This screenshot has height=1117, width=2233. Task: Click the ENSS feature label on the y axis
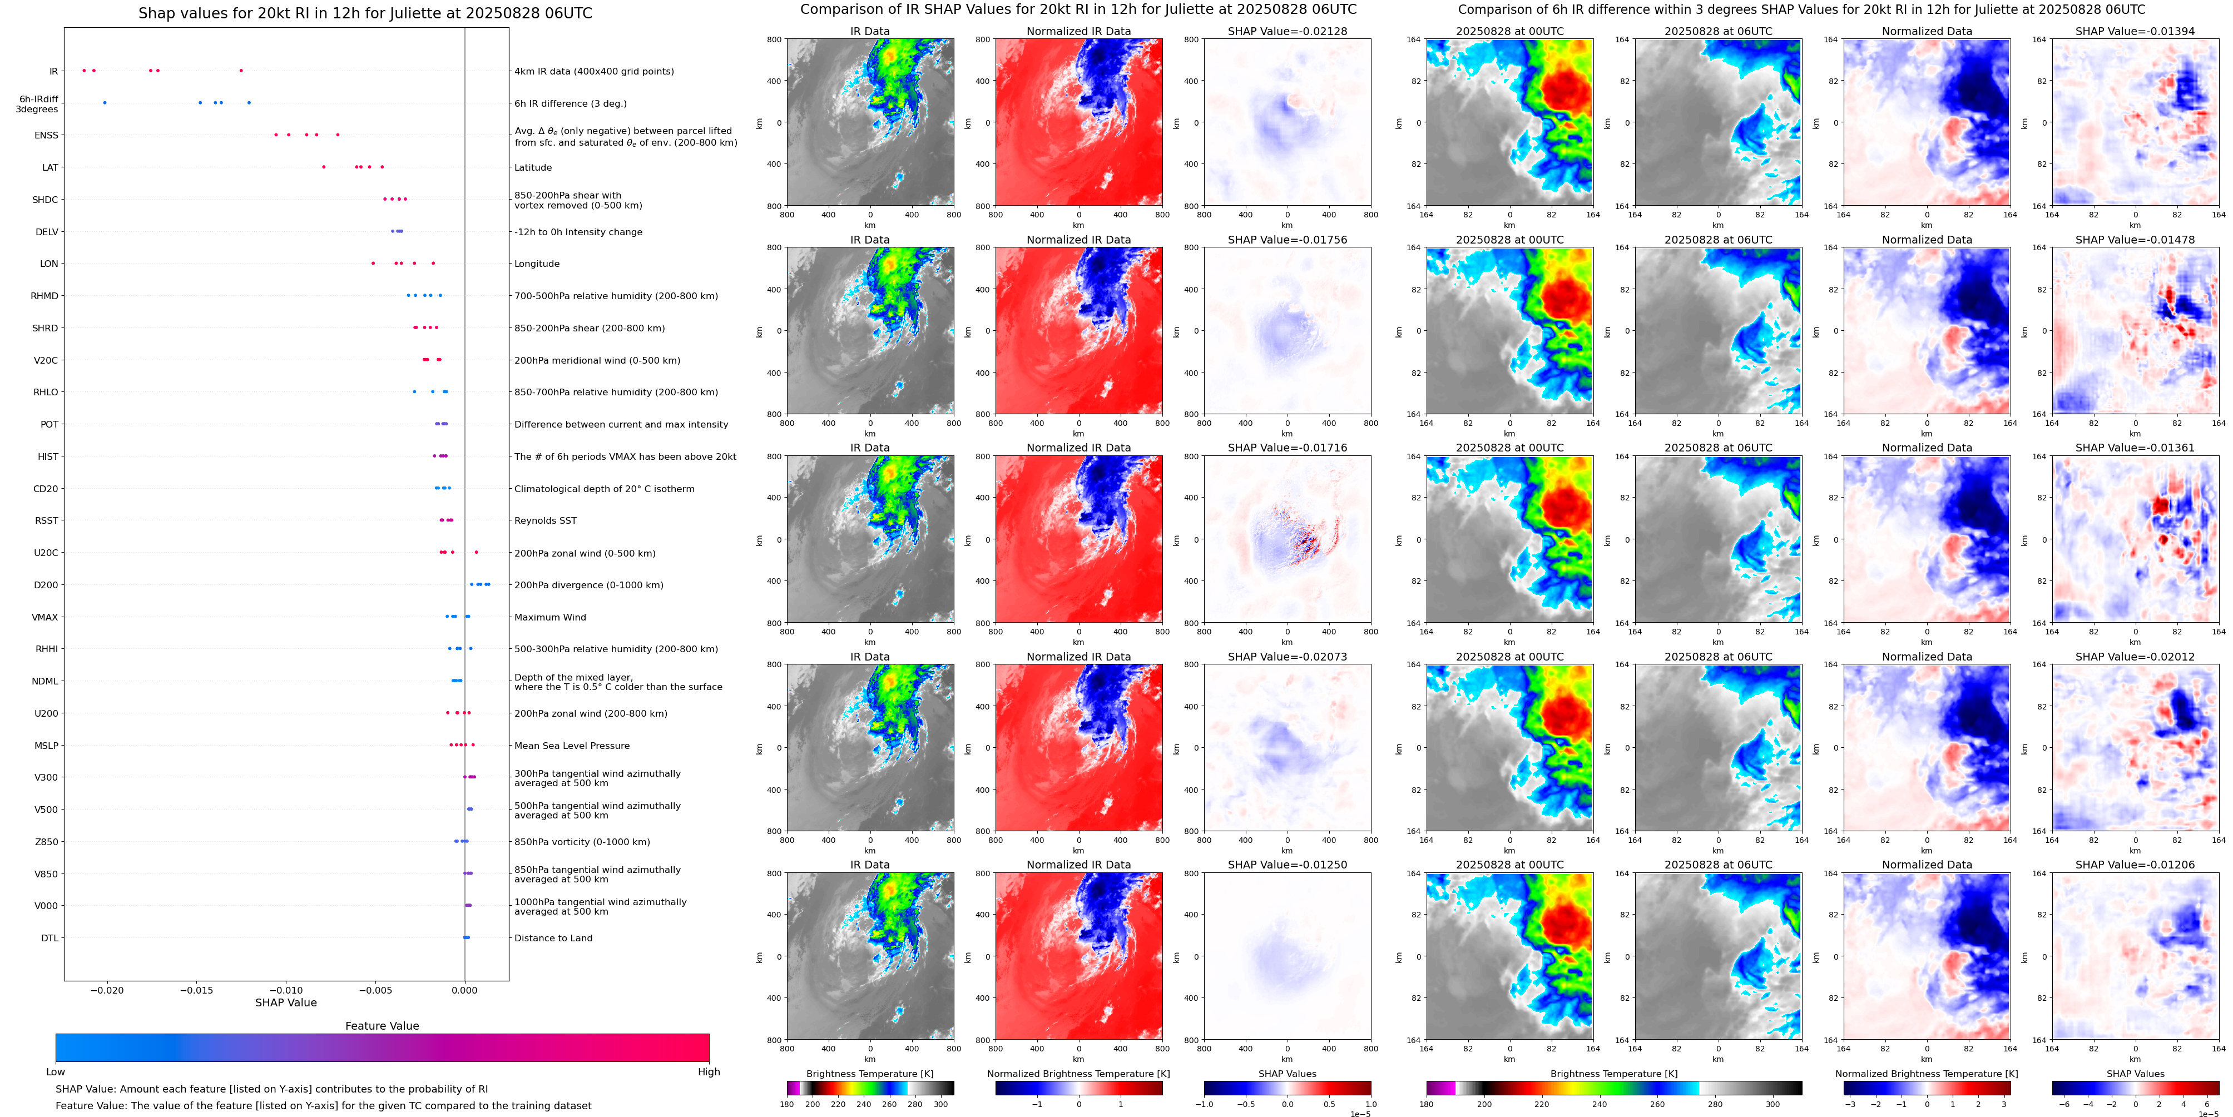[46, 135]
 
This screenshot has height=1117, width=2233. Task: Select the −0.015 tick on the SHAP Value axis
[197, 990]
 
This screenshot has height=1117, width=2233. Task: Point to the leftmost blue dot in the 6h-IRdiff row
[105, 103]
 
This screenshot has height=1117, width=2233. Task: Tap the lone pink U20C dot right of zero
[476, 552]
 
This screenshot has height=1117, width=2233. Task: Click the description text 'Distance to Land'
[553, 937]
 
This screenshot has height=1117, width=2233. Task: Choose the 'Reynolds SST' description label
[544, 521]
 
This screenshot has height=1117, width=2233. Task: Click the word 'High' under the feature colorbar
[708, 1072]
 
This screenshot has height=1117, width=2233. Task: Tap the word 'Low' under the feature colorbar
[56, 1072]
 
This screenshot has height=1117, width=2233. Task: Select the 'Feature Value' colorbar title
[382, 1026]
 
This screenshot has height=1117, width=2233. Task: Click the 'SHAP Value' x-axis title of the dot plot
[285, 1002]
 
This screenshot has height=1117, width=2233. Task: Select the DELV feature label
[47, 232]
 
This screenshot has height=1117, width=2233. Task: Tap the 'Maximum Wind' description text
[549, 617]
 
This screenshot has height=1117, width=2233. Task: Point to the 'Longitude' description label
[537, 264]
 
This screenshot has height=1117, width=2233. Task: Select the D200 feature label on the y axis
[46, 585]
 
